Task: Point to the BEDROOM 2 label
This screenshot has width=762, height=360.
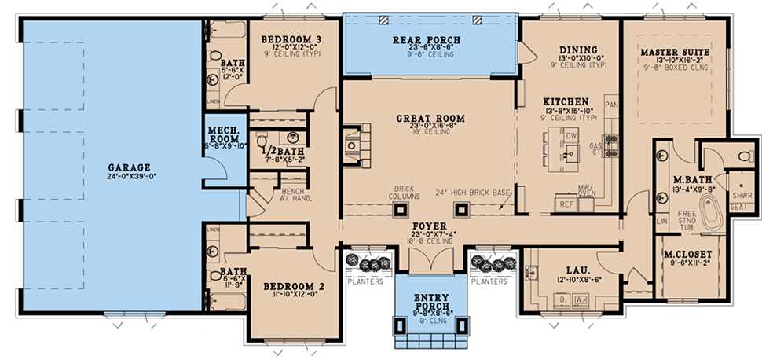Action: pyautogui.click(x=289, y=285)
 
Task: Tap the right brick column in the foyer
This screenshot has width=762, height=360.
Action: pyautogui.click(x=460, y=209)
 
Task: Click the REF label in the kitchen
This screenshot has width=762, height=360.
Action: pyautogui.click(x=566, y=204)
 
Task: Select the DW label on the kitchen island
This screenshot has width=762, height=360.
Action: pyautogui.click(x=571, y=135)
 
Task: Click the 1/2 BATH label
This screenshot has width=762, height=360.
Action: pyautogui.click(x=277, y=152)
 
